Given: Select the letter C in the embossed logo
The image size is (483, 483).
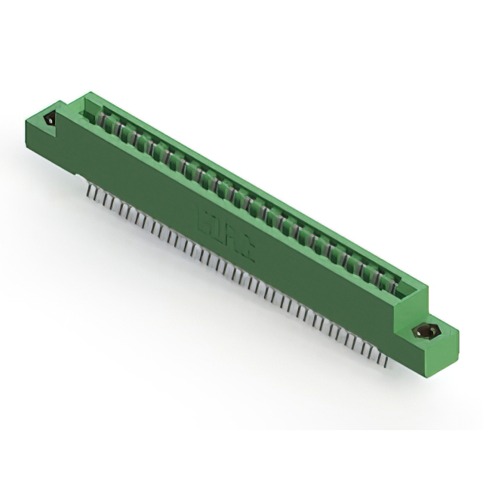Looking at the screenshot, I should coord(246,250).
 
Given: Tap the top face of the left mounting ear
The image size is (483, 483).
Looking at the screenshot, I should coord(45,113).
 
